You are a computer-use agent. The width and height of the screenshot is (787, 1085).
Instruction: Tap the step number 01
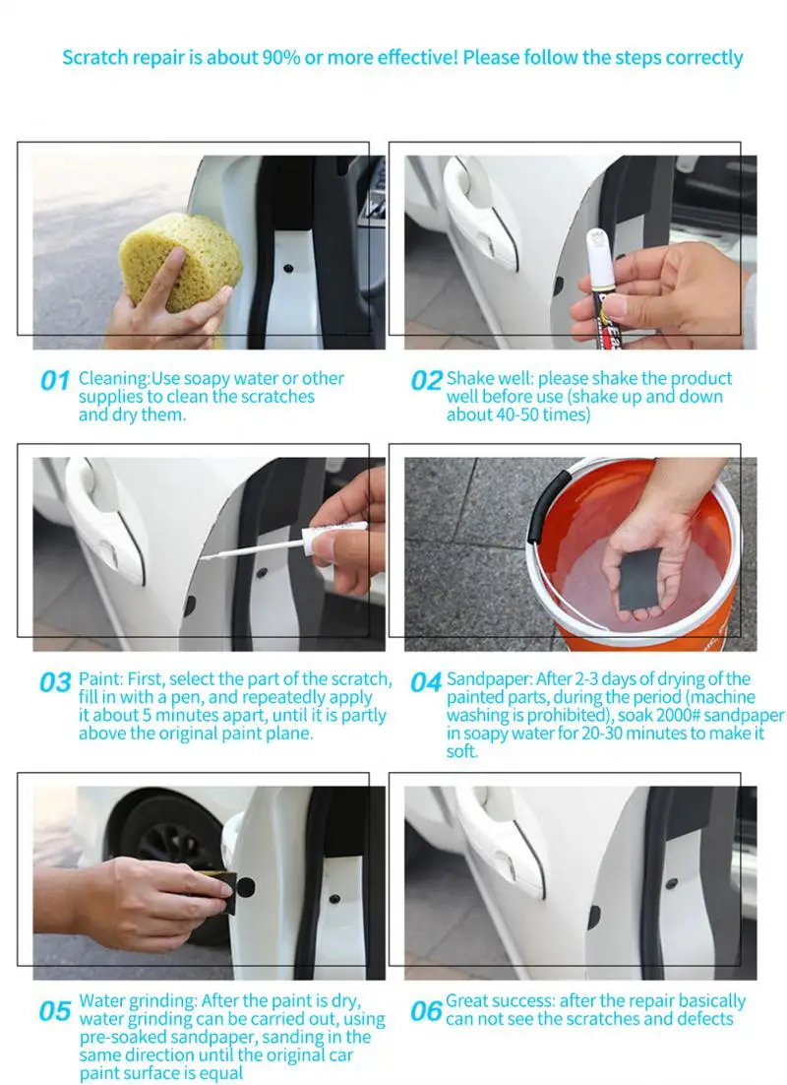click(x=55, y=381)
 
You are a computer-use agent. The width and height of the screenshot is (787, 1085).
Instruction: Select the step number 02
click(x=426, y=381)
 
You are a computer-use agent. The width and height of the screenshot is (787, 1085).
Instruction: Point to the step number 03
click(x=55, y=683)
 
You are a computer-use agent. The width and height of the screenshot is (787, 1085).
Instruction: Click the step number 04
click(x=426, y=683)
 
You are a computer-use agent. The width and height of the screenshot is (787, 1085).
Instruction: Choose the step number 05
click(x=55, y=1012)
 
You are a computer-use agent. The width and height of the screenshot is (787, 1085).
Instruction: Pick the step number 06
click(x=426, y=1012)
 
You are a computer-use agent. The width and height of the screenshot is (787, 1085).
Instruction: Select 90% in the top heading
click(x=281, y=57)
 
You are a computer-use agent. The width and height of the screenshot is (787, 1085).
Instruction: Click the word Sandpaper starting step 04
click(x=489, y=680)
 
